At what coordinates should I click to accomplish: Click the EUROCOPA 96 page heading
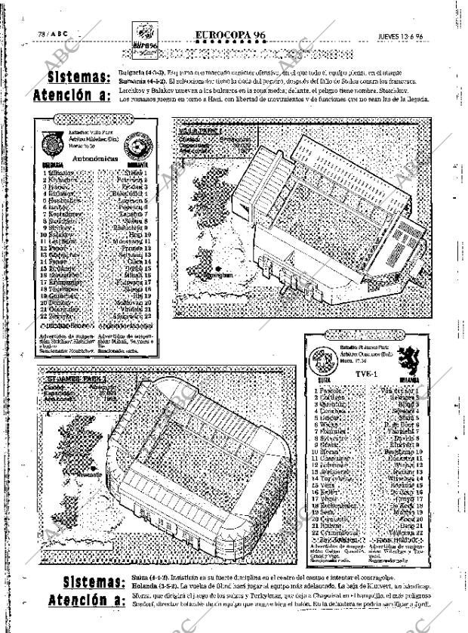coord(229,36)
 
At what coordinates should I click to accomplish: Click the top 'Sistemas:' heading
coord(79,78)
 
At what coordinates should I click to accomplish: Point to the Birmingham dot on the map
coord(217,269)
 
